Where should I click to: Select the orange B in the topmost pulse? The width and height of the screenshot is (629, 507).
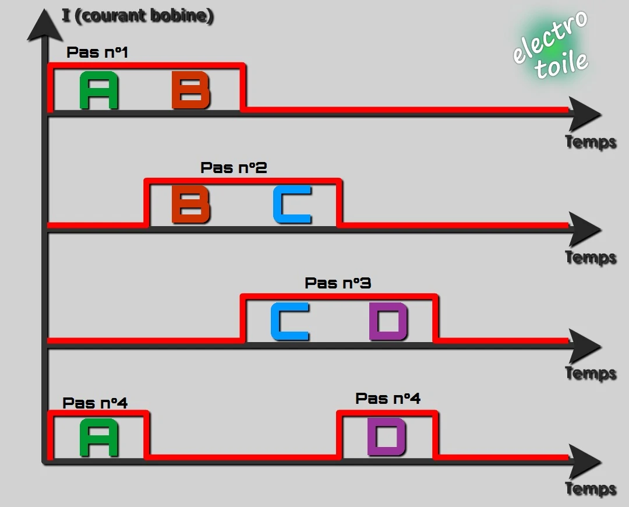191,90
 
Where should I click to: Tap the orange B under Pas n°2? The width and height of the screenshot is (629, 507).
191,205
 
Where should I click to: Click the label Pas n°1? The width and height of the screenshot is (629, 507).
97,52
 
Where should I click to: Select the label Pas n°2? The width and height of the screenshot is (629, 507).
234,167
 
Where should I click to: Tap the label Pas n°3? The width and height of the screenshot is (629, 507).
338,283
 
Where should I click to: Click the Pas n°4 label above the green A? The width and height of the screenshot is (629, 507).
95,403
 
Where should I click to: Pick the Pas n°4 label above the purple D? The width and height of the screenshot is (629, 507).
388,398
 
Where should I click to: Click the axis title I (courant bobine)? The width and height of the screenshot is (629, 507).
137,16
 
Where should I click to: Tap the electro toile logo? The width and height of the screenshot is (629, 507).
550,44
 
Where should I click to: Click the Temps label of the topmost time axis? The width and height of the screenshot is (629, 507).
591,142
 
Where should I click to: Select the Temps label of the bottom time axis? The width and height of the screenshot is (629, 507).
591,489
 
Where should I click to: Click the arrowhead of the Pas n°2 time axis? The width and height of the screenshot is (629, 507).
585,230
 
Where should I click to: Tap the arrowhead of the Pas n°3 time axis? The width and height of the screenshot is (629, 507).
585,346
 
